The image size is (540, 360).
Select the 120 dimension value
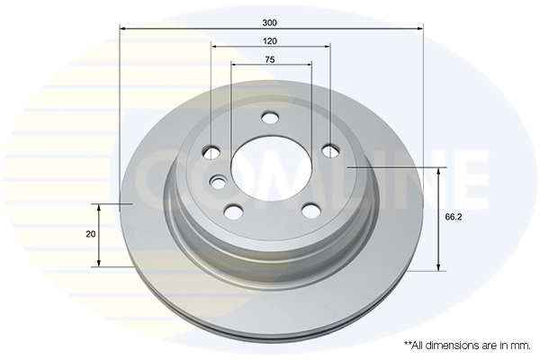[x=271, y=41]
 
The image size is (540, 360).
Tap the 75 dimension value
[x=271, y=59]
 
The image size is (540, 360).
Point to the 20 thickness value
[x=90, y=234]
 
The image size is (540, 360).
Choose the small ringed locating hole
[x=219, y=184]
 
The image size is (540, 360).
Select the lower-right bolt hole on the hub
[x=310, y=210]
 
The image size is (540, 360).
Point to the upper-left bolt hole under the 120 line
[x=212, y=151]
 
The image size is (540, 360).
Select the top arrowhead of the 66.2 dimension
[x=438, y=171]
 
